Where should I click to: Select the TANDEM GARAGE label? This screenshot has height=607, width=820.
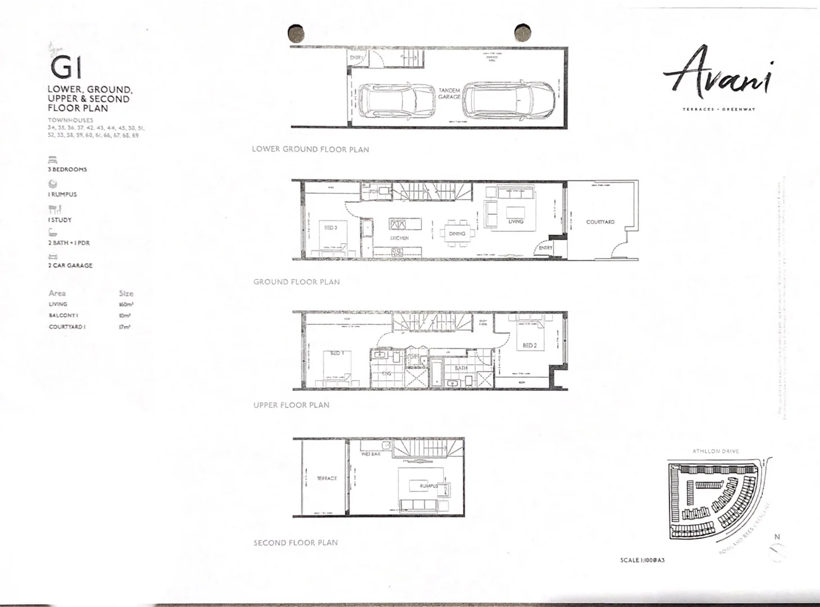point(450,93)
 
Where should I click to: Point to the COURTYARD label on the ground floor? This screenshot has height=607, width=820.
point(600,222)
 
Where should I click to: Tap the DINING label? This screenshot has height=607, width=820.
point(457,233)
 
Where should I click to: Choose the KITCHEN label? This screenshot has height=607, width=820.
point(400,238)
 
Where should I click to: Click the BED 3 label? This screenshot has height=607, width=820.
point(330,228)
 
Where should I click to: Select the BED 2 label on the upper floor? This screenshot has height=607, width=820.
point(529,346)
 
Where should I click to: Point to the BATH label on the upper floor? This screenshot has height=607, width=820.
point(461,368)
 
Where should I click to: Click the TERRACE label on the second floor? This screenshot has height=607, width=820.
point(327,478)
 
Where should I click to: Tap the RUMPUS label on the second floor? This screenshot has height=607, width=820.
point(429,486)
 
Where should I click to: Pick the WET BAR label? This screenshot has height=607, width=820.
point(371,454)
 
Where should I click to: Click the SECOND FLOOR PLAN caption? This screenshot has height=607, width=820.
point(296,542)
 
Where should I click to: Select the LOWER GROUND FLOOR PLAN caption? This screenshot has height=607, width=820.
point(310,149)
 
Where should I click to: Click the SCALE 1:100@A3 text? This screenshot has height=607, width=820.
point(642,560)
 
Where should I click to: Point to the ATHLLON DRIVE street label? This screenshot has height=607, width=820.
point(715,451)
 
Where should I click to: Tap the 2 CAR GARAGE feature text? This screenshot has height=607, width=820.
point(70,265)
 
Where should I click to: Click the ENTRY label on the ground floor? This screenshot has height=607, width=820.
point(545,248)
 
